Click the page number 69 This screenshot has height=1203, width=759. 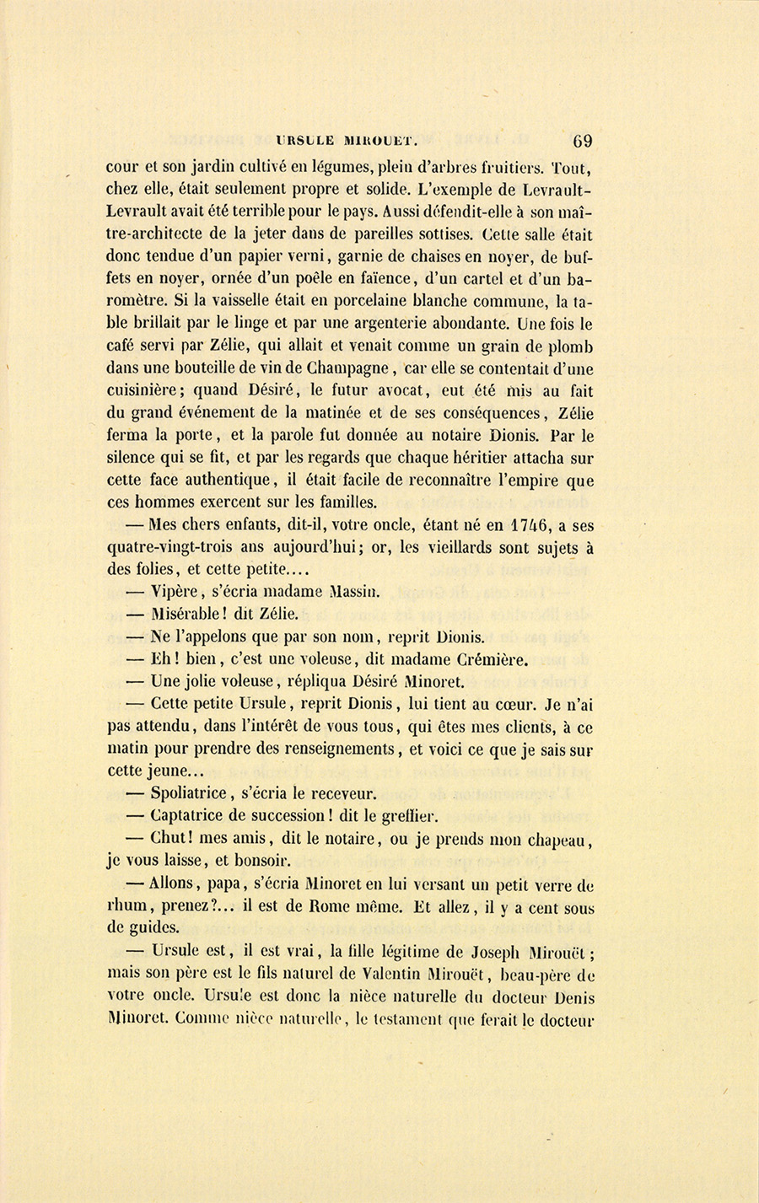(x=582, y=140)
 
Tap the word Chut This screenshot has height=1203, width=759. (x=171, y=839)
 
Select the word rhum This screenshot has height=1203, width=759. (x=126, y=909)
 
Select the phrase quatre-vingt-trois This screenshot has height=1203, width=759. (x=176, y=547)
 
